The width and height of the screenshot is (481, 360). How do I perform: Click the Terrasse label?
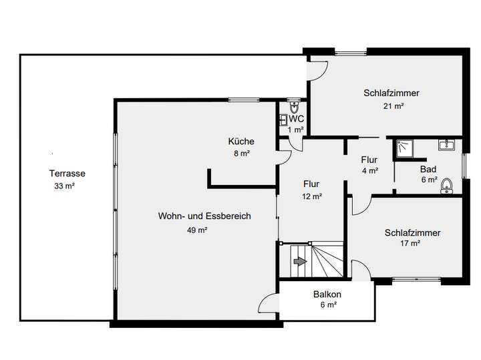tap(67, 174)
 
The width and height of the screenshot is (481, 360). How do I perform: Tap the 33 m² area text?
tap(64, 186)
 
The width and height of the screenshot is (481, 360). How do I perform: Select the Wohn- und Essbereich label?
tap(204, 216)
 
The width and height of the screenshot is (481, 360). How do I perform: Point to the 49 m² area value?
tap(197, 230)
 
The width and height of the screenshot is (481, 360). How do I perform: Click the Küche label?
tap(240, 142)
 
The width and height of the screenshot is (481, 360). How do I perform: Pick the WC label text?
tap(296, 119)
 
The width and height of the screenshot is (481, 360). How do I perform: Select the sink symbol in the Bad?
tap(446, 144)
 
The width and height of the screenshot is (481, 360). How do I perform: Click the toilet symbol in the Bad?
tap(448, 186)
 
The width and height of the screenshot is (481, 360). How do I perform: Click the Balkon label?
tap(327, 295)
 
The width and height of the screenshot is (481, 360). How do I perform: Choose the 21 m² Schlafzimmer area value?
tap(393, 106)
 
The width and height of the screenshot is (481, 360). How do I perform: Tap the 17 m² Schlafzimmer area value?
tap(410, 244)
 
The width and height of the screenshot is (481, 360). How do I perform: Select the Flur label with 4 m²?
tap(369, 160)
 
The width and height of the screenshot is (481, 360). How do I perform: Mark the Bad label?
tap(428, 169)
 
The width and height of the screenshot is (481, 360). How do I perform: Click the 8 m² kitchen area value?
tap(240, 154)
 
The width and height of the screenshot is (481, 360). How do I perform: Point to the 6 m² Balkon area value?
tap(327, 305)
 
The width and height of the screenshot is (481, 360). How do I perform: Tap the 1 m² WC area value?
tap(296, 130)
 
